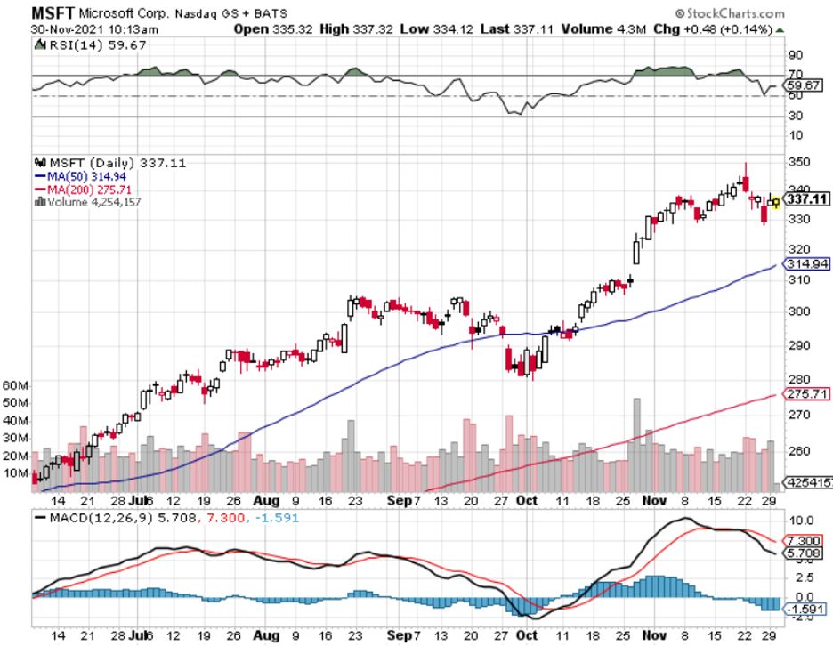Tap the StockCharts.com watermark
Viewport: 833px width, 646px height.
pos(757,13)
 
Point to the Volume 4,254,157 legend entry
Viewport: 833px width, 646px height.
pos(89,202)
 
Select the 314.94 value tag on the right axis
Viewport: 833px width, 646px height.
pos(806,264)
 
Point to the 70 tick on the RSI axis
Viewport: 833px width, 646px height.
pos(795,75)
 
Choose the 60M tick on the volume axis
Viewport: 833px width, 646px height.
pos(17,385)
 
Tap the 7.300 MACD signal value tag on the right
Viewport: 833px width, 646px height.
pos(804,541)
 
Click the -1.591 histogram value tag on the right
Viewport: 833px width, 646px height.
pos(805,609)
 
